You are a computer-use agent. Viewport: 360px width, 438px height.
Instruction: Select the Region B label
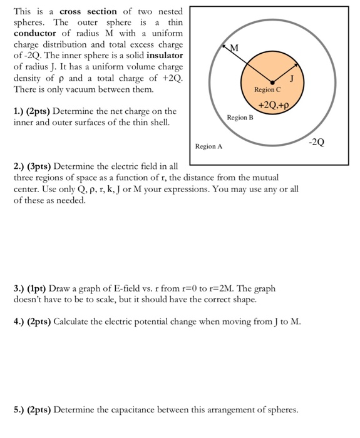pos(240,117)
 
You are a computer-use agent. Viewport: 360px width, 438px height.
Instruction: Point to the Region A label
pos(208,146)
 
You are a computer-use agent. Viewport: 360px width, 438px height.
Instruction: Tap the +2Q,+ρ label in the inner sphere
pos(271,103)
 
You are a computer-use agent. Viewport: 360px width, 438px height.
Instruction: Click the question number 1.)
pos(21,111)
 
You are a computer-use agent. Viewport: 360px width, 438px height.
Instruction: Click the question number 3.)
pos(21,289)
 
